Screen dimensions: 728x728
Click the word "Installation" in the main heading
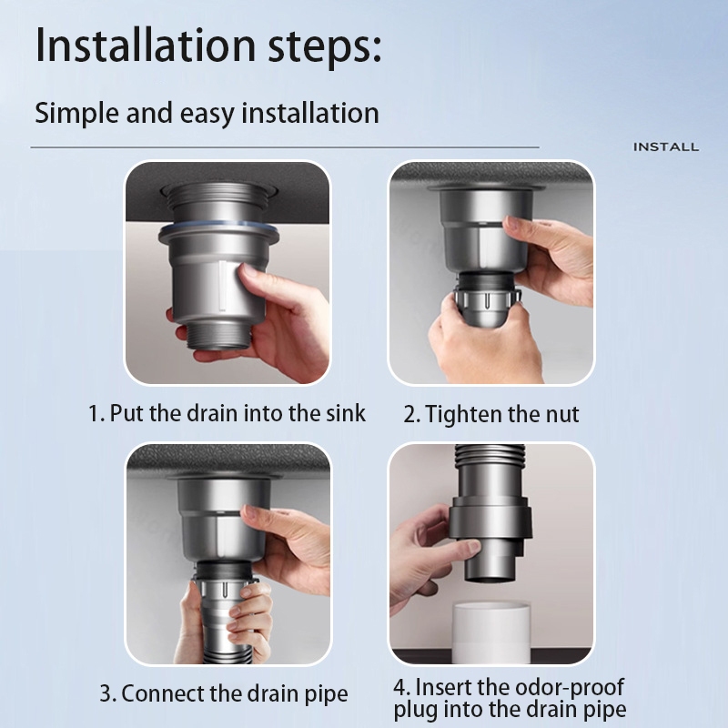coord(146,45)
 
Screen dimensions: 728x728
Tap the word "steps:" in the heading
coord(325,47)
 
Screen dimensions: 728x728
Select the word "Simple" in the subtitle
coord(76,114)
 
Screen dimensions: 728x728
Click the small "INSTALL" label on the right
coord(666,147)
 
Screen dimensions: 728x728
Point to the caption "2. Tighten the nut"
coord(491,414)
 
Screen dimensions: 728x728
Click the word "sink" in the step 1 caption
coord(346,413)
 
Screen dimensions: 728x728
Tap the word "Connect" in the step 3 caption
coord(163,693)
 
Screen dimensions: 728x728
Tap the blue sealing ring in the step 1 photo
coord(218,226)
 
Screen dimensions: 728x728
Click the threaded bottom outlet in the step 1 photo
coord(218,335)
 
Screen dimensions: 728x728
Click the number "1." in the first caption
coord(96,413)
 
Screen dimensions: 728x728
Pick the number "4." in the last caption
coord(401,687)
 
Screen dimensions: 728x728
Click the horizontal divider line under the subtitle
coord(285,147)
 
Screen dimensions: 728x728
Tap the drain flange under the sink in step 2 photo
coord(486,188)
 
